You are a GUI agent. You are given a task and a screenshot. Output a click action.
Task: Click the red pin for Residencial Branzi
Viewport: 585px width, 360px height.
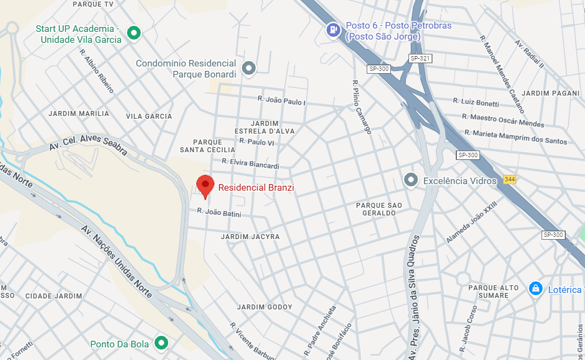pos(205,186)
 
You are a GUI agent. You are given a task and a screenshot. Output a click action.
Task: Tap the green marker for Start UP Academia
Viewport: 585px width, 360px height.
pos(133,34)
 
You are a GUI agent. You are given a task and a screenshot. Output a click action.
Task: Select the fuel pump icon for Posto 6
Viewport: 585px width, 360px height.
pos(333,30)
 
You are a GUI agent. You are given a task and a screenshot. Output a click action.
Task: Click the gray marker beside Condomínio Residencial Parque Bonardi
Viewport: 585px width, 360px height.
pos(249,68)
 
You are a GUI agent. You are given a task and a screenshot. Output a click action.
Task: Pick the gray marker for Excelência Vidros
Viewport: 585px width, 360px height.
pos(411,180)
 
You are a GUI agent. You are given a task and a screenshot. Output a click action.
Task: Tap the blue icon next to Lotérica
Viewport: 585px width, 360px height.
pos(535,289)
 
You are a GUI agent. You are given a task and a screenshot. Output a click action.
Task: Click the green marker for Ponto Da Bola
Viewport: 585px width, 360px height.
pos(161,344)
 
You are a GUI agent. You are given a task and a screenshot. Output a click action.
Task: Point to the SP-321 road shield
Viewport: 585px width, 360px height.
pos(420,58)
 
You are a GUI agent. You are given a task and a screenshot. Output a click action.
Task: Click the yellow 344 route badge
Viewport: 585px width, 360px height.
pos(509,180)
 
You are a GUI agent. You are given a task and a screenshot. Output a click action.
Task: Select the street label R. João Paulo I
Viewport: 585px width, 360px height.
pos(282,101)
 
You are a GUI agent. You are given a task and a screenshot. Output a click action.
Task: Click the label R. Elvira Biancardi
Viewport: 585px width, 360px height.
pos(250,164)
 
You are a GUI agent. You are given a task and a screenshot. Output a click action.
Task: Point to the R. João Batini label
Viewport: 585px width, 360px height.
pos(219,212)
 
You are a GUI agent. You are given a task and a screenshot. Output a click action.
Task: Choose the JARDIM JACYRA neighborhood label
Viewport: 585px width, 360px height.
pos(250,237)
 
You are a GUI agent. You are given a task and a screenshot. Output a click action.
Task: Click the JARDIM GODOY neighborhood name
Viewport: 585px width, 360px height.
pos(264,307)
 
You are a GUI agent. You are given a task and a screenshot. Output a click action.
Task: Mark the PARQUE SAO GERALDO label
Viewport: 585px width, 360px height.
pos(379,209)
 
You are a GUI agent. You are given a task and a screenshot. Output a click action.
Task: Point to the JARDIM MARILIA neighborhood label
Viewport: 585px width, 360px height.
pos(79,114)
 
